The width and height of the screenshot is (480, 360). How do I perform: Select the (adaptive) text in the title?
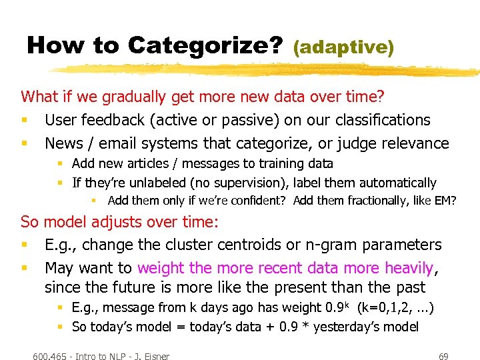click(343, 47)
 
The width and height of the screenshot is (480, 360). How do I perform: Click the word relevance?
click(415, 143)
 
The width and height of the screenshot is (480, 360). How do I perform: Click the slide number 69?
click(443, 356)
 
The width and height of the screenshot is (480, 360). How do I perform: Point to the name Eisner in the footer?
click(153, 356)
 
